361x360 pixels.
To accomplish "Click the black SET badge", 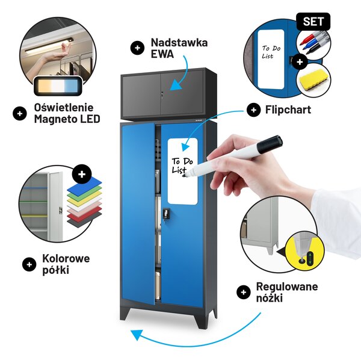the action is tap(313, 22).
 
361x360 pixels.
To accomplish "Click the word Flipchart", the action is tap(288, 110).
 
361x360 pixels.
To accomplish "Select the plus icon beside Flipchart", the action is tap(253, 110).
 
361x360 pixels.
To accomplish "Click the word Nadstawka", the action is tap(179, 43).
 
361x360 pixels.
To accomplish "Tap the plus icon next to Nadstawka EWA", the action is tap(137, 48).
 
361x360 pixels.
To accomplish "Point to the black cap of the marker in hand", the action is tap(270, 144).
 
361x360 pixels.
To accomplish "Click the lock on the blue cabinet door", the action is tap(167, 213).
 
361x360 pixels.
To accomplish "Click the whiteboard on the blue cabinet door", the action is tap(182, 172).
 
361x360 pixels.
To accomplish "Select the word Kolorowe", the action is tap(66, 258).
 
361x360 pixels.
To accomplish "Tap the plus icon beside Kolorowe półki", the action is tap(29, 264).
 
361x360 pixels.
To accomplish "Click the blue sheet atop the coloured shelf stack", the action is tap(84, 185).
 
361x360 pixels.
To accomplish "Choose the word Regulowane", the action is tap(287, 287).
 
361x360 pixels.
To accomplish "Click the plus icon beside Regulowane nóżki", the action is tap(243, 293).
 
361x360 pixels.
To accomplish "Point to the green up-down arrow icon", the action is tap(310, 258).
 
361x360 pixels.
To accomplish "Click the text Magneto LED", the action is tap(67, 119).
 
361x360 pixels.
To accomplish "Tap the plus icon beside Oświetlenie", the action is tap(20, 114).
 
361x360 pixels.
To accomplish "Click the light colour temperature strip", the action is tap(58, 86).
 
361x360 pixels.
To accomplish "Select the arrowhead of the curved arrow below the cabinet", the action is tap(137, 335).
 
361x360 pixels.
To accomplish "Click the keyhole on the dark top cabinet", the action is tap(162, 94).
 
